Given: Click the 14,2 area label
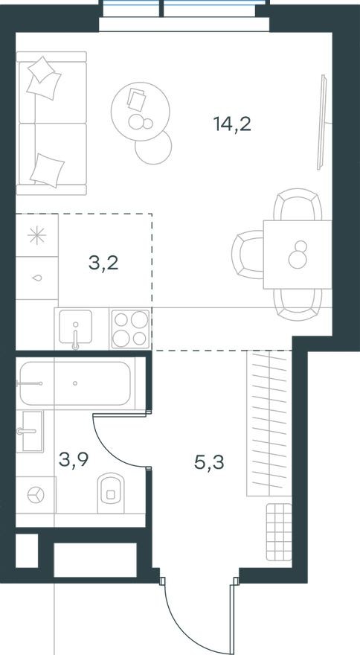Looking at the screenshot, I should pyautogui.click(x=231, y=124).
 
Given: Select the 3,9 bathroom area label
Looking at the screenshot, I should pyautogui.click(x=73, y=461).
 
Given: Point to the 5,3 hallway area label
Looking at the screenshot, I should pyautogui.click(x=208, y=461).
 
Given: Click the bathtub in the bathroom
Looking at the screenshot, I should pyautogui.click(x=76, y=383).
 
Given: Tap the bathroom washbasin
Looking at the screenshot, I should pyautogui.click(x=33, y=430).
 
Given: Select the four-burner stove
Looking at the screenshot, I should pyautogui.click(x=130, y=328).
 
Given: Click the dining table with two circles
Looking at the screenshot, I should pyautogui.click(x=298, y=254).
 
